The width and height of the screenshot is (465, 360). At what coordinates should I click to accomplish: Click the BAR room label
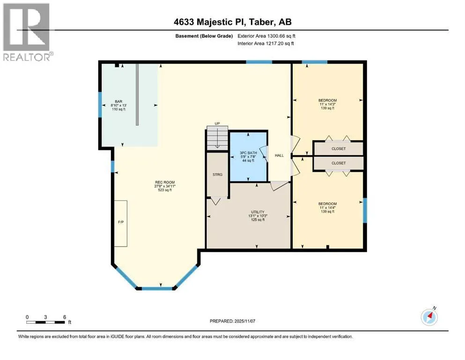118,102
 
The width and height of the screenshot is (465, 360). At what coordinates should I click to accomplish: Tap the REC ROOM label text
165,182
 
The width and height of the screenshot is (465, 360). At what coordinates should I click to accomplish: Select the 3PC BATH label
248,153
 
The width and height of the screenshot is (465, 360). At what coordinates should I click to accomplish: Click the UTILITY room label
258,212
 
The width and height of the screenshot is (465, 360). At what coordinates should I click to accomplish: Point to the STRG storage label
217,174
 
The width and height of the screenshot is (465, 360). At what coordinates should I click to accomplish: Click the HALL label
279,155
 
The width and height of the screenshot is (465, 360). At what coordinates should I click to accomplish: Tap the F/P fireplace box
121,223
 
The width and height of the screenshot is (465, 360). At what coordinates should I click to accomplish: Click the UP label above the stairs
217,123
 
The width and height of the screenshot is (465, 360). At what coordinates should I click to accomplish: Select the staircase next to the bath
217,138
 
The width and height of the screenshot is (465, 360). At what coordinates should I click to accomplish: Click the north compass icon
429,317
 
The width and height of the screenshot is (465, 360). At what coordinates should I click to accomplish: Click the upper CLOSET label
339,149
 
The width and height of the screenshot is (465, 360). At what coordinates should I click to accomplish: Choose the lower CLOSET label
339,163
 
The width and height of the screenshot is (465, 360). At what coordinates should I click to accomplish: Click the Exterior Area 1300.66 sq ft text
266,36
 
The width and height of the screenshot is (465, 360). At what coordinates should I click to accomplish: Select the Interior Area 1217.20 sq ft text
266,43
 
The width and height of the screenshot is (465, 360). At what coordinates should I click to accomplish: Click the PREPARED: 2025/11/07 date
232,321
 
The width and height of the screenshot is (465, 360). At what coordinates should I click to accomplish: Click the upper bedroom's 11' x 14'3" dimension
328,104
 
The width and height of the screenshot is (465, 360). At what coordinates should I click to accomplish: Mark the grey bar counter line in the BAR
137,94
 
